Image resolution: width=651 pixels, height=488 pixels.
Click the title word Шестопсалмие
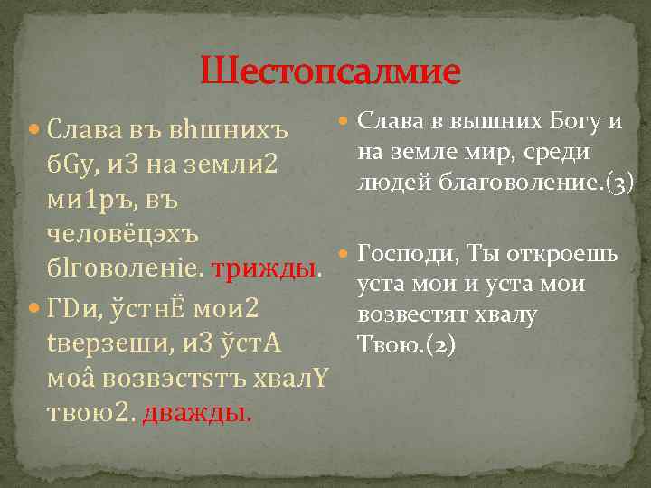[330, 70]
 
